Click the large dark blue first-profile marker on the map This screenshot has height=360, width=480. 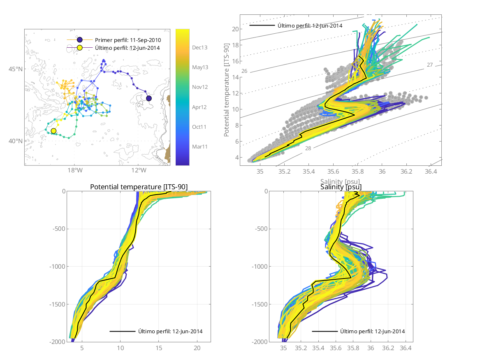149,98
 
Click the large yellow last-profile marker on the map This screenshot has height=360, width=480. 53,131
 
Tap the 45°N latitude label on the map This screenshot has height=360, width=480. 16,68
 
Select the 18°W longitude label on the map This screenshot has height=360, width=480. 74,170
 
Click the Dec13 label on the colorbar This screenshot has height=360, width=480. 199,47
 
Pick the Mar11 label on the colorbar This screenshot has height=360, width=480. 199,146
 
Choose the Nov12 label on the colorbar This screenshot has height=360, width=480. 199,87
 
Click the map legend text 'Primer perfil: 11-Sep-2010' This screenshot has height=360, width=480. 128,40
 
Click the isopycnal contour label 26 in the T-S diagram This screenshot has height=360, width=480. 244,71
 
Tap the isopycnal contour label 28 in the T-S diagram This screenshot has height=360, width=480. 308,148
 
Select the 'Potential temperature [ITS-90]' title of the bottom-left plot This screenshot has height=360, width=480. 139,187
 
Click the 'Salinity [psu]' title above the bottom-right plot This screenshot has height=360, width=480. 341,187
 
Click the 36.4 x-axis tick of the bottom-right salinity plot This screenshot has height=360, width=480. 406,348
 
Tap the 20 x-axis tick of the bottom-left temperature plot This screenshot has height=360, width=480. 197,348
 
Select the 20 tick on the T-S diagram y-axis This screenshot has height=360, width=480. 235,29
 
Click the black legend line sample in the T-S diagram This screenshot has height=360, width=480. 262,26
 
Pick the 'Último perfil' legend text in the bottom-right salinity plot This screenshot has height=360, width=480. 372,331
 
